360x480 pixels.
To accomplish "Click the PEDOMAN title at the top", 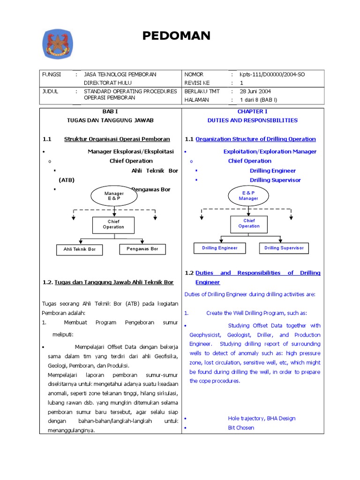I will tap(176, 36).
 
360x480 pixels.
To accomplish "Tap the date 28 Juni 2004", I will tap(255, 91).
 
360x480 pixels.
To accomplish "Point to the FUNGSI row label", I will tap(52, 75).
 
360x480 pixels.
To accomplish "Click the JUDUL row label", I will tap(50, 91).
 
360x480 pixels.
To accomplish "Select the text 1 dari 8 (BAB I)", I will tap(258, 100).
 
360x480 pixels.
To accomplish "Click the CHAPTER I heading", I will tap(252, 112).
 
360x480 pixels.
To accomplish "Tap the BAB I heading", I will tap(111, 112).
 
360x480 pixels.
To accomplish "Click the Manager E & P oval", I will tap(114, 196).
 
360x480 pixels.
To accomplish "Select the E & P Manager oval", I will tap(248, 195).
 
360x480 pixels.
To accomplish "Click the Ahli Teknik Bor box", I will tap(79, 249).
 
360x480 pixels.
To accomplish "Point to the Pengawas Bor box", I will tap(142, 249).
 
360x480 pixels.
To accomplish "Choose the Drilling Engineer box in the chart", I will tap(220, 248).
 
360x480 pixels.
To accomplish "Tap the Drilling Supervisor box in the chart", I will tap(284, 248).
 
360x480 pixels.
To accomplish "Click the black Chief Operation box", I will tap(113, 225).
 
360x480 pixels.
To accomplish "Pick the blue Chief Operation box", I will tap(248, 224).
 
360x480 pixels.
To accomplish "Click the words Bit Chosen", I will tap(241, 428).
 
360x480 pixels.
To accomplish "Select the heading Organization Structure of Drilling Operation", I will tap(255, 139).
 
